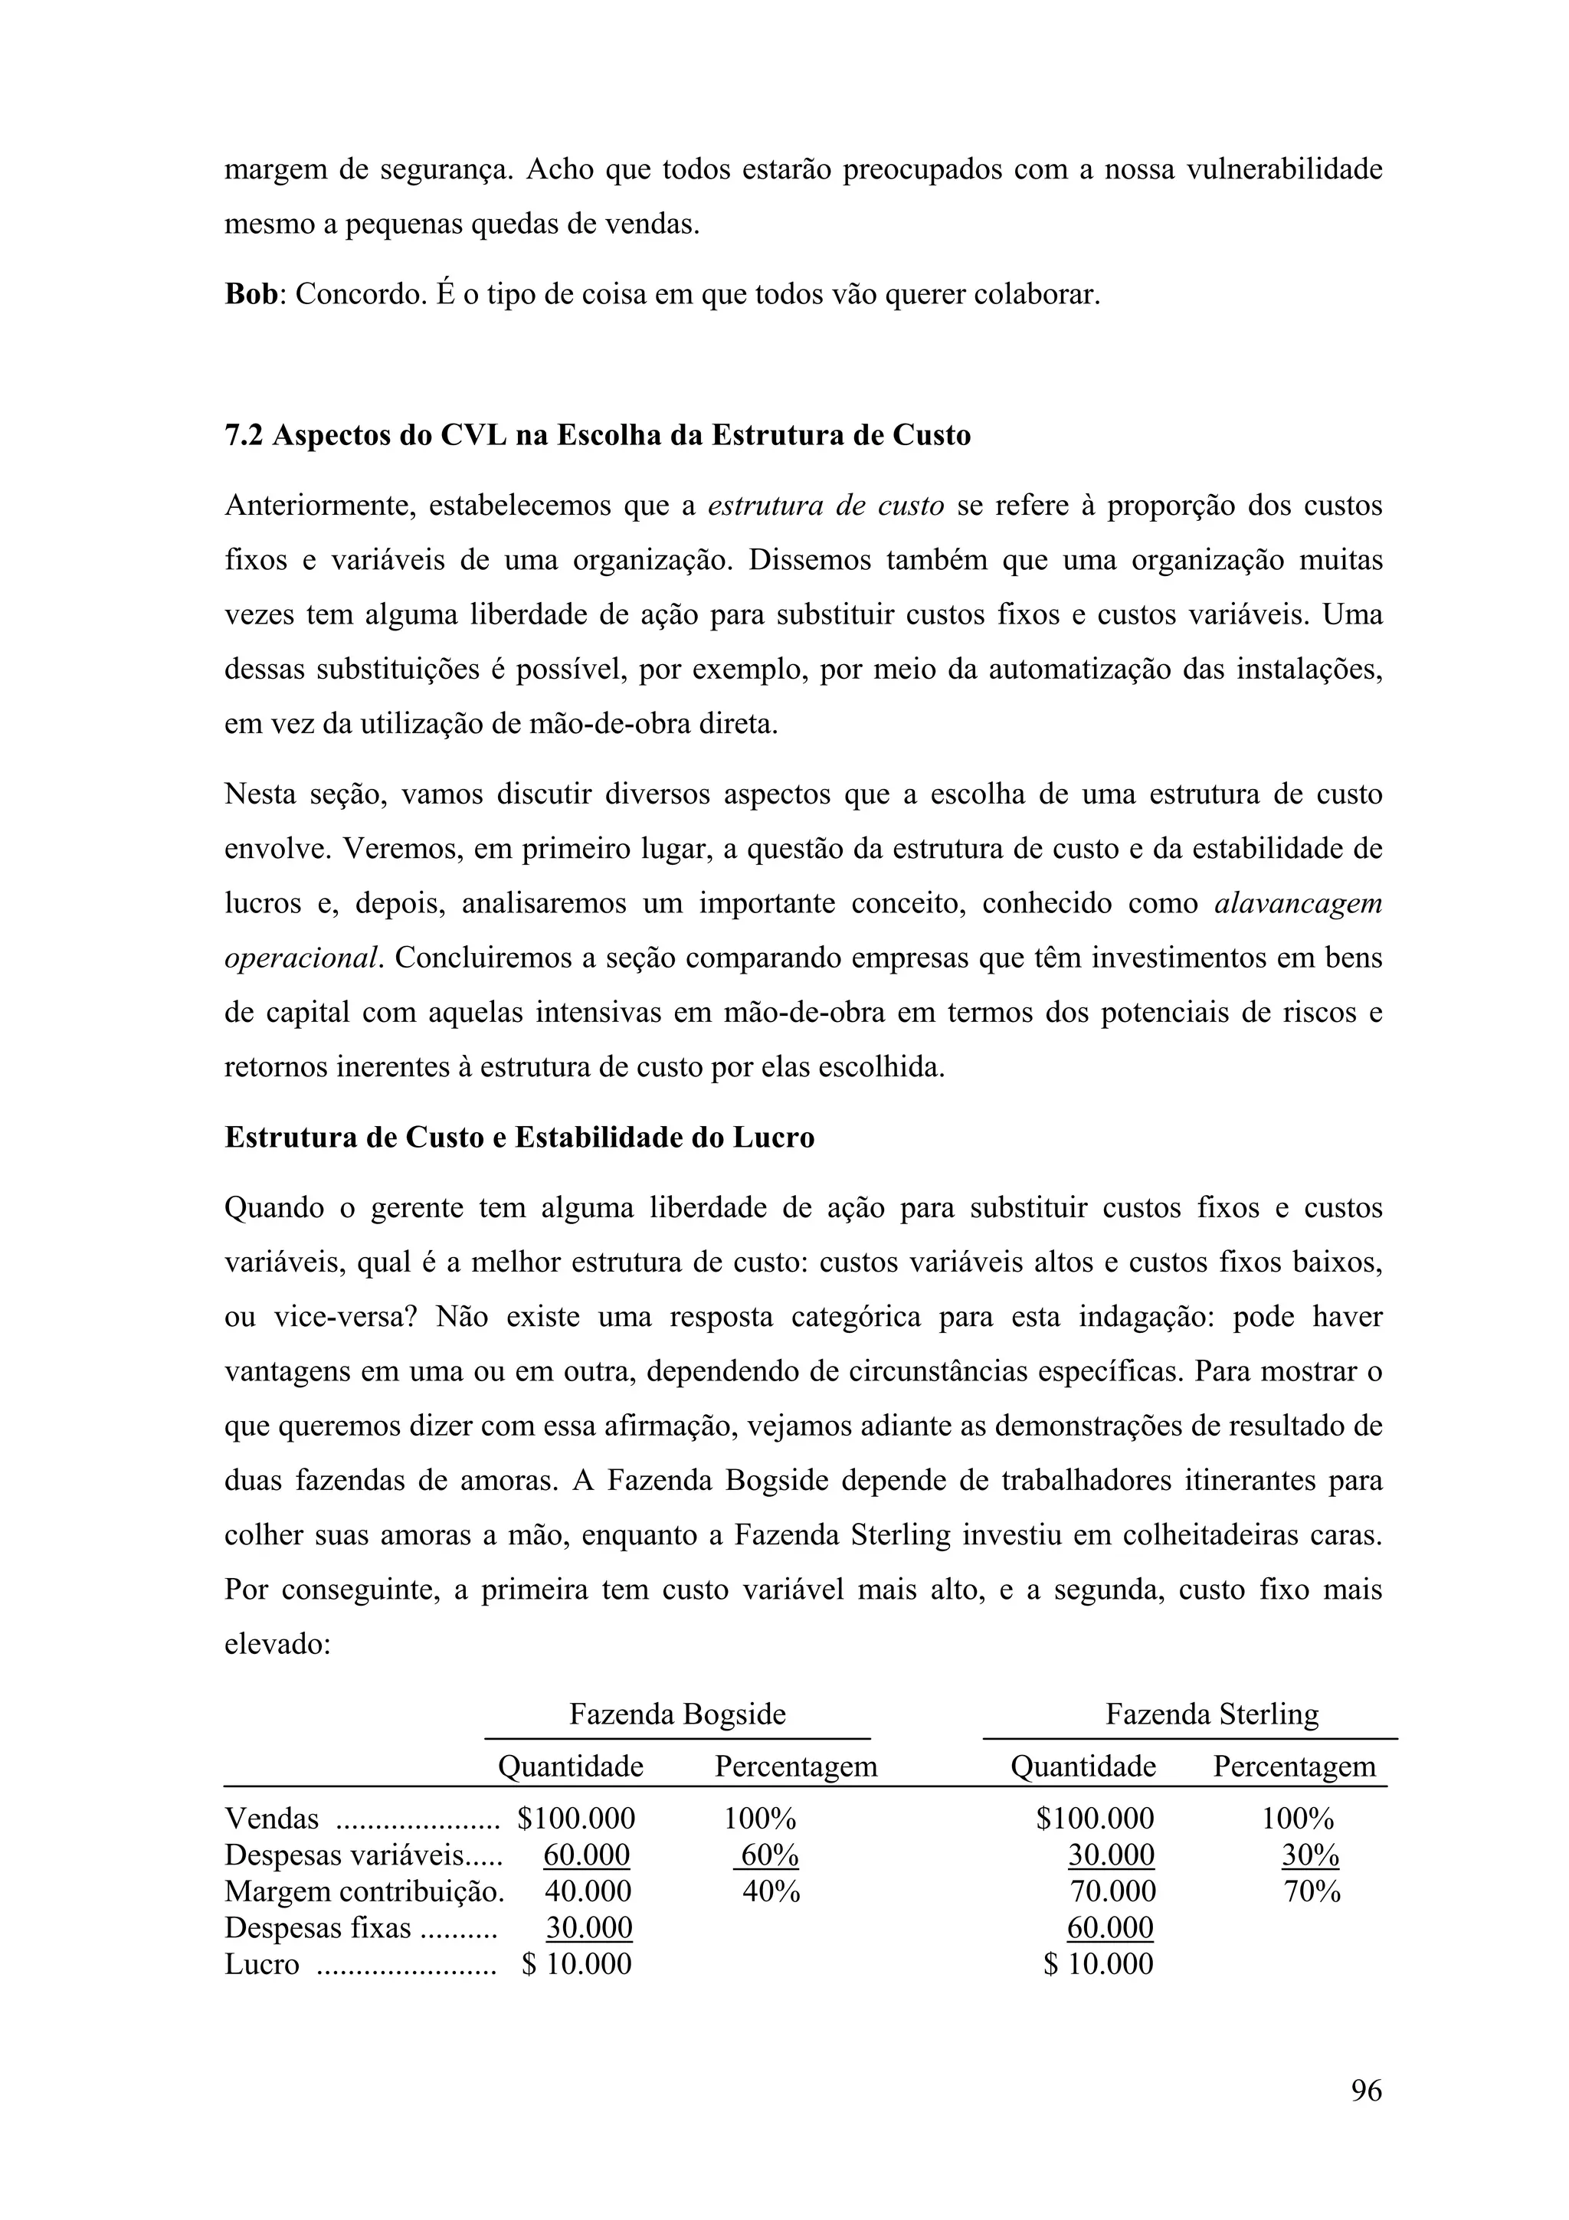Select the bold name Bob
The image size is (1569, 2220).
click(251, 294)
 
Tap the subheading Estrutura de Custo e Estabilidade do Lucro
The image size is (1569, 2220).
click(519, 1137)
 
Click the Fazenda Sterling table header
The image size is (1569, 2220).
click(1211, 1714)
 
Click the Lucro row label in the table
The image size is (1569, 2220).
click(261, 1964)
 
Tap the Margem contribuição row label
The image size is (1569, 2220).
click(363, 1891)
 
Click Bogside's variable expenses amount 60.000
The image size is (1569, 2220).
click(586, 1855)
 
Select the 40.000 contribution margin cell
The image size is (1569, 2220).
click(588, 1891)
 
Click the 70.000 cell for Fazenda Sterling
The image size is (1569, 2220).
click(1112, 1891)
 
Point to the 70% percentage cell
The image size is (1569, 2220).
click(1312, 1891)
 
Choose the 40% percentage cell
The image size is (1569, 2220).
click(771, 1891)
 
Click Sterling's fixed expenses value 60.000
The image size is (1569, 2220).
click(1110, 1928)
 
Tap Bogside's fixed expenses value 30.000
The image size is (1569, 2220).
click(588, 1928)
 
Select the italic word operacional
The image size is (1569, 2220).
click(303, 958)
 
